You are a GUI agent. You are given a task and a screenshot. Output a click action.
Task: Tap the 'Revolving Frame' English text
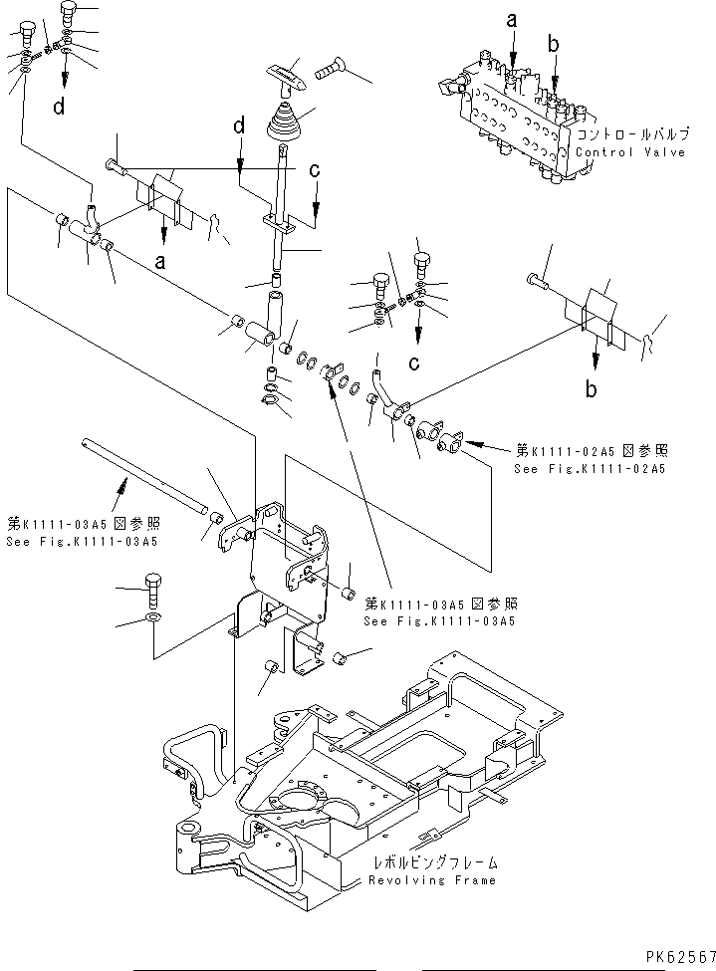pyautogui.click(x=431, y=880)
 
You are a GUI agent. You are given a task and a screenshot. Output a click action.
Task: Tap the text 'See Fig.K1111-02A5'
pyautogui.click(x=590, y=468)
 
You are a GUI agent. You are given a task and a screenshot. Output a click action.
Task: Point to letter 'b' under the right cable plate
pyautogui.click(x=593, y=389)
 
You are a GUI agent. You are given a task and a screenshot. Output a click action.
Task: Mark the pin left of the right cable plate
pyautogui.click(x=541, y=285)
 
